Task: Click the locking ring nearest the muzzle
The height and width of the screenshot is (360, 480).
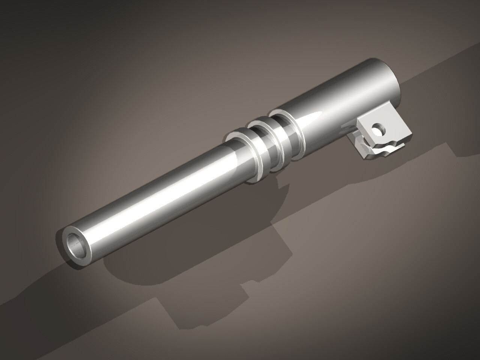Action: click(x=244, y=156)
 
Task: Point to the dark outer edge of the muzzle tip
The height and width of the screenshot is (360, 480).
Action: click(x=59, y=244)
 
